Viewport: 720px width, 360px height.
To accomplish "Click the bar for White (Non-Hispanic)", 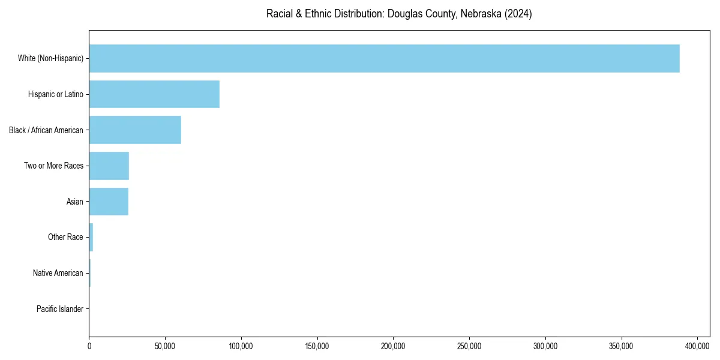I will pyautogui.click(x=384, y=58).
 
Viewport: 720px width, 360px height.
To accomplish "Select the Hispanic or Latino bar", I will pyautogui.click(x=154, y=94).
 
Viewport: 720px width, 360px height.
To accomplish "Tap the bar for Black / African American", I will pyautogui.click(x=135, y=130).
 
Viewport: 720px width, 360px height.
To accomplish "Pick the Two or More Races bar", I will pyautogui.click(x=109, y=166).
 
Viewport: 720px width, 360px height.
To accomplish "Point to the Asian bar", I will pyautogui.click(x=109, y=202).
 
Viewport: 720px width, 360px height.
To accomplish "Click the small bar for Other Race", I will pyautogui.click(x=91, y=238).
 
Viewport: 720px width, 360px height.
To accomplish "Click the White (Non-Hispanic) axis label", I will pyautogui.click(x=50, y=58).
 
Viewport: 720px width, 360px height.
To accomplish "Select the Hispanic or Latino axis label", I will pyautogui.click(x=55, y=94).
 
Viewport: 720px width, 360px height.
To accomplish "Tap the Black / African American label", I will pyautogui.click(x=46, y=130).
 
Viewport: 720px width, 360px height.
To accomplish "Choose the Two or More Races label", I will pyautogui.click(x=53, y=166).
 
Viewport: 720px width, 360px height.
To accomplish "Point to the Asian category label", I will pyautogui.click(x=74, y=202).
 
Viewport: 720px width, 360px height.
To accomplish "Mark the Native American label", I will pyautogui.click(x=58, y=274).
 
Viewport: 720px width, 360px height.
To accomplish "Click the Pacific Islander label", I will pyautogui.click(x=59, y=309).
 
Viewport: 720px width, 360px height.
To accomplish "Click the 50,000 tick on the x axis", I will pyautogui.click(x=165, y=346).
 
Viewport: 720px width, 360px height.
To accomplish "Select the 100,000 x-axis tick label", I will pyautogui.click(x=241, y=346).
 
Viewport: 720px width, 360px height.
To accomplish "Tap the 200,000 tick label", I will pyautogui.click(x=393, y=346).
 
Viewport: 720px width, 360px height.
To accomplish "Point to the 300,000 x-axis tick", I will pyautogui.click(x=545, y=346).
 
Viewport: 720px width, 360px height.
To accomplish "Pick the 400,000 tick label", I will pyautogui.click(x=697, y=346).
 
